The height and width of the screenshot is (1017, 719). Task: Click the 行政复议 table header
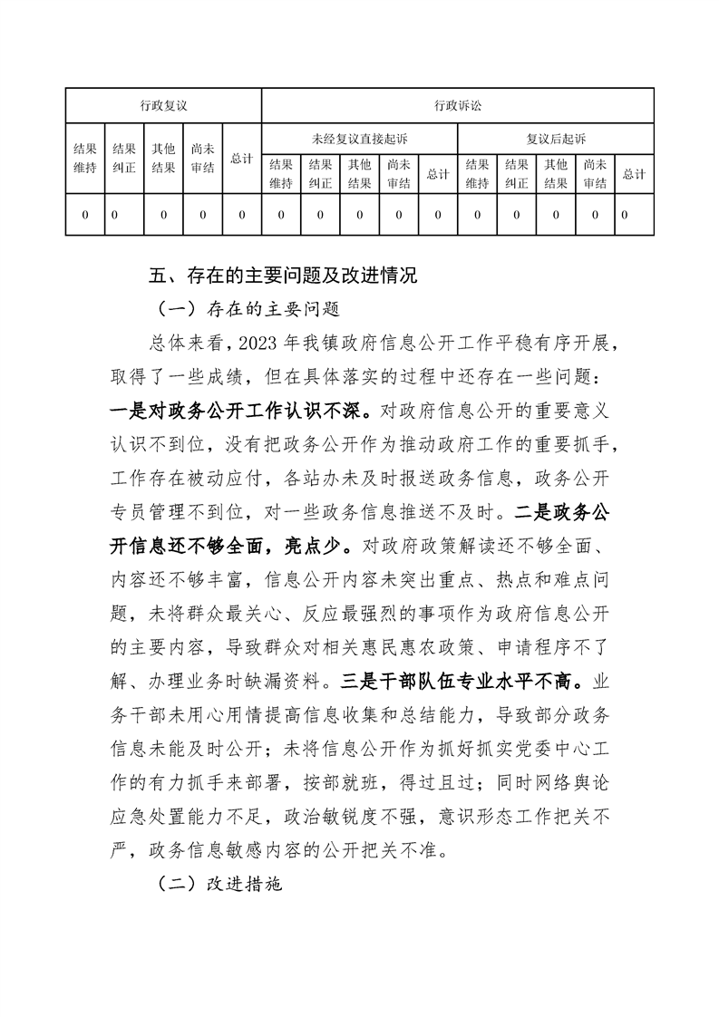[163, 105]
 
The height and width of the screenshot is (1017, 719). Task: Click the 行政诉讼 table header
[457, 105]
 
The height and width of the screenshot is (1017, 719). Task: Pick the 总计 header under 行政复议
[241, 159]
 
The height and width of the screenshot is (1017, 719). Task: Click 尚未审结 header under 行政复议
[202, 159]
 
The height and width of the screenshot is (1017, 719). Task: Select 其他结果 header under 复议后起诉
[556, 174]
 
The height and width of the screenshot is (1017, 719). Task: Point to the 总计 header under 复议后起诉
[634, 174]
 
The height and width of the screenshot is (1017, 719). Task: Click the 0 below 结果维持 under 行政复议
[85, 215]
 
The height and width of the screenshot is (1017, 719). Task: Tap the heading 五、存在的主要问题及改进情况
[282, 276]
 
